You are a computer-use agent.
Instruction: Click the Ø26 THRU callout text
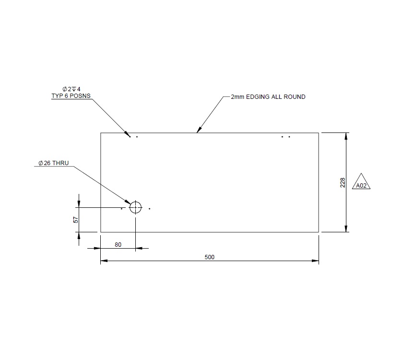[x=54, y=163]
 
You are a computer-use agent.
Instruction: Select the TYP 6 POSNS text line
[x=71, y=96]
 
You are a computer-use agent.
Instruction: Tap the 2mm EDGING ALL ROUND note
[x=268, y=97]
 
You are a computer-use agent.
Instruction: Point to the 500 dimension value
[x=210, y=257]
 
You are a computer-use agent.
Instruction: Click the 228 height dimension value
[x=343, y=182]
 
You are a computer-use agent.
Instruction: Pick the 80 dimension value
[x=118, y=244]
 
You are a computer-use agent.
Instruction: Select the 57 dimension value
[x=75, y=219]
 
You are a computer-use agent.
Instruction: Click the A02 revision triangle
[x=362, y=182]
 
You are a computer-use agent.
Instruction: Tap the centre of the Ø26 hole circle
[x=136, y=207]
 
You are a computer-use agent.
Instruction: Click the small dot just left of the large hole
[x=122, y=209]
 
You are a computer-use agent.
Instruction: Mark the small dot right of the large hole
[x=150, y=209]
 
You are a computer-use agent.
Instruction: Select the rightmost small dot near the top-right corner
[x=289, y=137]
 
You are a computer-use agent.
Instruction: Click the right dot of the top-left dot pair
[x=137, y=137]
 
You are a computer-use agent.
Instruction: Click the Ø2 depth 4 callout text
[x=71, y=89]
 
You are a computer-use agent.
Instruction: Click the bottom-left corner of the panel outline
[x=101, y=232]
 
